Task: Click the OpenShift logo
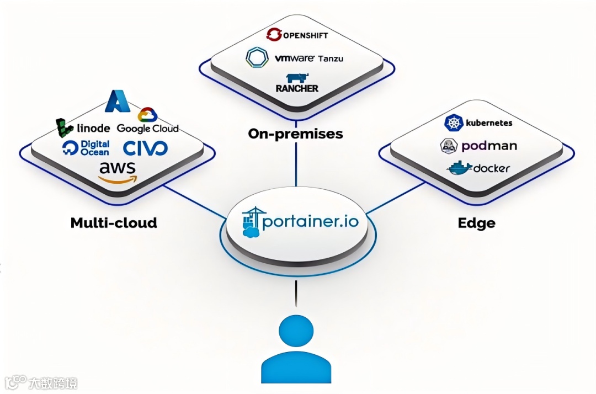(297, 35)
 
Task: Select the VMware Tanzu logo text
(309, 57)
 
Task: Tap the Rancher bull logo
(297, 79)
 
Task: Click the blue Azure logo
(118, 100)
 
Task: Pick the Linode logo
(83, 128)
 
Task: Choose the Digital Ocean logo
(86, 147)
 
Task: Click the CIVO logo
(145, 148)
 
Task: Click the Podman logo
(478, 145)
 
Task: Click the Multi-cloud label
(114, 223)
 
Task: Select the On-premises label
(295, 134)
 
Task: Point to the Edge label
(476, 223)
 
